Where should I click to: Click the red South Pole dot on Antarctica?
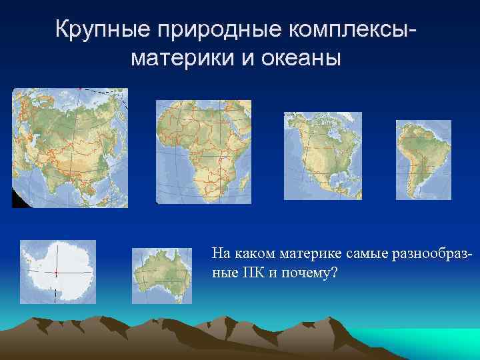click(55, 273)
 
